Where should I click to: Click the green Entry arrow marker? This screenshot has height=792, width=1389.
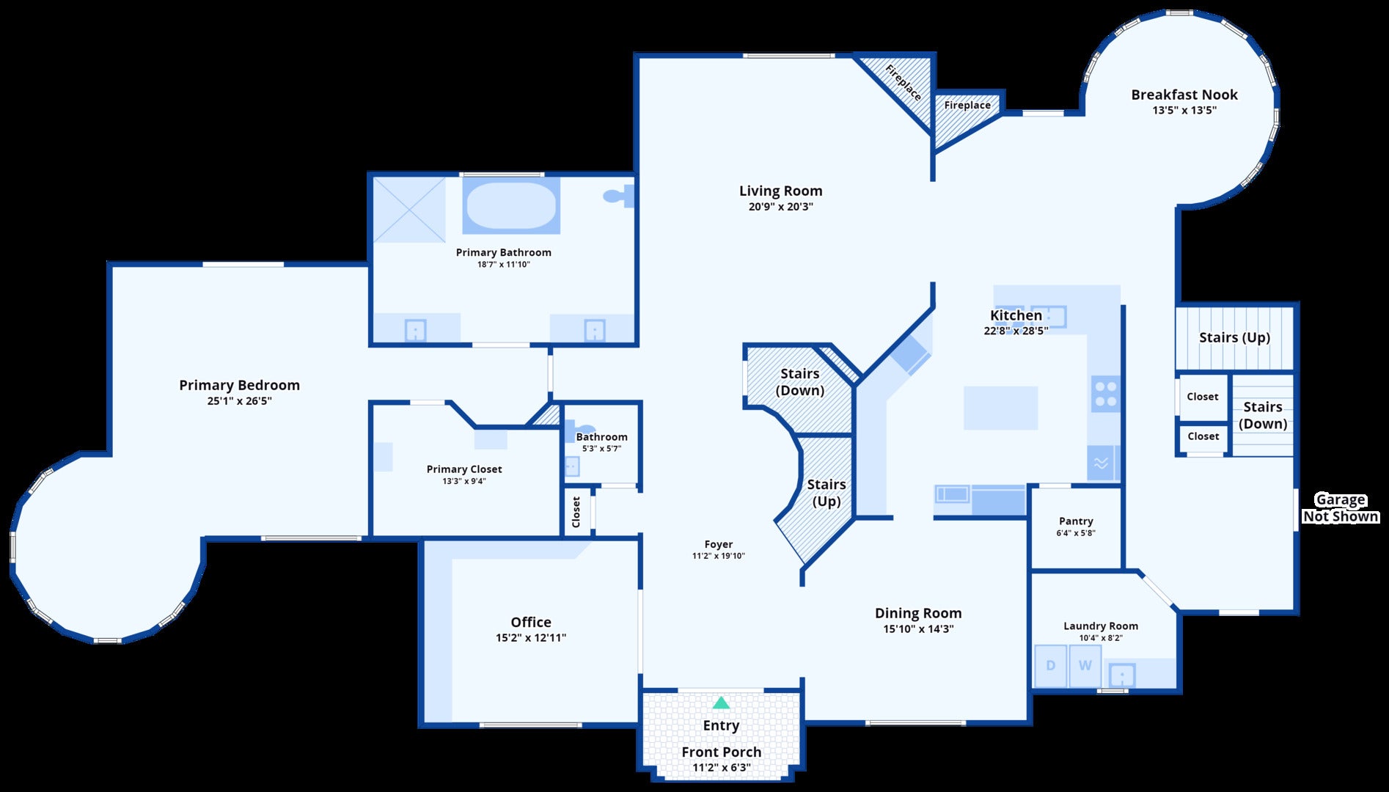[x=721, y=703]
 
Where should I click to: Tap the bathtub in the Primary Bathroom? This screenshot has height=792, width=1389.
[x=511, y=205]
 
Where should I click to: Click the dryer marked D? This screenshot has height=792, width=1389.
[x=1050, y=666]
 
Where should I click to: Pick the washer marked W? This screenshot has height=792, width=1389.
[x=1085, y=666]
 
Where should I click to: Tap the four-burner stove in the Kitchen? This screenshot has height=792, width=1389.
[x=1105, y=393]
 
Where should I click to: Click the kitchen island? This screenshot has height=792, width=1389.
[x=1000, y=408]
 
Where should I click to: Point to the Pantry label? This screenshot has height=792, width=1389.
[x=1076, y=521]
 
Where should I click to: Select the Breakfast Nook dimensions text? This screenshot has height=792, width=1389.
[x=1184, y=111]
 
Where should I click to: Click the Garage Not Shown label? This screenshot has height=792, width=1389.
[x=1340, y=508]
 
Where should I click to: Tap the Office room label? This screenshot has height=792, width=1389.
[x=531, y=622]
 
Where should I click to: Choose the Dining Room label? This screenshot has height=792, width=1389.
[x=918, y=613]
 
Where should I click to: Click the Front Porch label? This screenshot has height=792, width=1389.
[x=721, y=752]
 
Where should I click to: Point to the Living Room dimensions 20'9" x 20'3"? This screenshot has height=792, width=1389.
[x=780, y=207]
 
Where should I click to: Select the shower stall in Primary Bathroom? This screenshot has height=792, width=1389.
[x=409, y=210]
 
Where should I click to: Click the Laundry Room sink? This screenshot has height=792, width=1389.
[x=1122, y=675]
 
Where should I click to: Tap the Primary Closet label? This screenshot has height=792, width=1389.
[x=464, y=469]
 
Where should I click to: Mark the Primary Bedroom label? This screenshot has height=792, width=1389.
[x=239, y=385]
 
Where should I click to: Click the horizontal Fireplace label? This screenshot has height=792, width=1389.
[x=967, y=106]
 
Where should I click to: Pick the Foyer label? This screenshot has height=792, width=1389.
[x=718, y=544]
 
